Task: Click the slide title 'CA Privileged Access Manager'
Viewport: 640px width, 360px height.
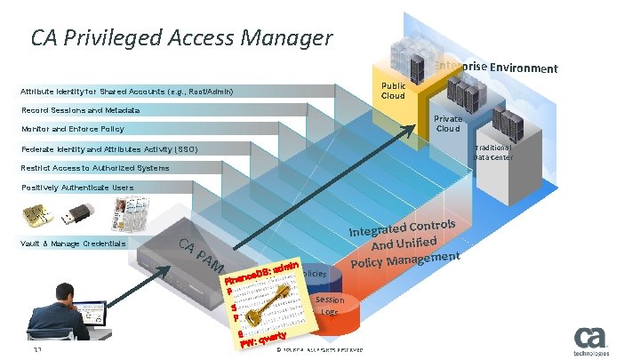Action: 181,38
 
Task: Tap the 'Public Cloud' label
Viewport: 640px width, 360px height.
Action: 393,92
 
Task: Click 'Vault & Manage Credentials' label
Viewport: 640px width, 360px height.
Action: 72,244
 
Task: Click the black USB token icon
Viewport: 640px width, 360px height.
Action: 77,213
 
